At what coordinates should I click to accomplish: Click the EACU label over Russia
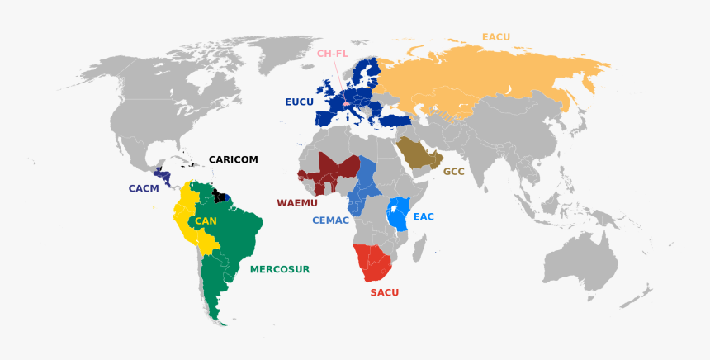(x=496, y=36)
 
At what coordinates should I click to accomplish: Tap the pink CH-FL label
(x=333, y=54)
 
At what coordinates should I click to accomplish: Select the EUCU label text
(x=299, y=102)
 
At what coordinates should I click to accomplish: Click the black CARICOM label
(x=233, y=159)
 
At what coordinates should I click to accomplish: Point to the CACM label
(x=143, y=188)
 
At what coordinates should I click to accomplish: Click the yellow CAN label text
(x=206, y=221)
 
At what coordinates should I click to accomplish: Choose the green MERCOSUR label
(x=279, y=269)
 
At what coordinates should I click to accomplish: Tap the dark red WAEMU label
(x=297, y=202)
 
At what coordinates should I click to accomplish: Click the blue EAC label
(x=424, y=216)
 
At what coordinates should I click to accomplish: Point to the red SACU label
(x=384, y=292)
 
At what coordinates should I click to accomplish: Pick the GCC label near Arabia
(x=453, y=172)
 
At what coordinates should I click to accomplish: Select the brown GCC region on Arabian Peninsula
(x=417, y=154)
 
